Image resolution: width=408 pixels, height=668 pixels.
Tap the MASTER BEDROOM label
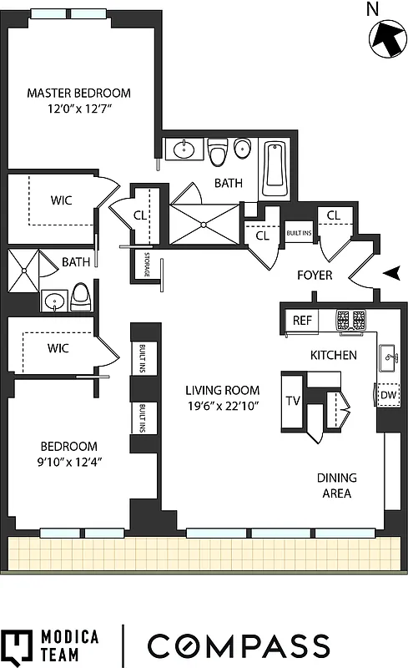78,94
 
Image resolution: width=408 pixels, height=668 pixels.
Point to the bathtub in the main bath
275,169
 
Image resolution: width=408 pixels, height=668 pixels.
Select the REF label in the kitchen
302,321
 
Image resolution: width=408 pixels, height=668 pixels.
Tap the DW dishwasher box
388,396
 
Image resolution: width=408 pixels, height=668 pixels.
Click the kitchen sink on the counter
388,360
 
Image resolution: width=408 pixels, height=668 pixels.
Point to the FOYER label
315,275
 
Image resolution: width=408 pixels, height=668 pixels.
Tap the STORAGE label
146,264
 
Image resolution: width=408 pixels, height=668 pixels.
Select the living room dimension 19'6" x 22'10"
223,407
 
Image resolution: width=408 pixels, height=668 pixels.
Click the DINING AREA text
336,485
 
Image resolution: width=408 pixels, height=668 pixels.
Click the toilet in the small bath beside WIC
81,297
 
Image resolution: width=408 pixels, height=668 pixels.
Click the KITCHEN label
334,355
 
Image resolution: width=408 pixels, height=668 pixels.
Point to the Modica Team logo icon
17,646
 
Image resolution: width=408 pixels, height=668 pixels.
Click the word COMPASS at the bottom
239,646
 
